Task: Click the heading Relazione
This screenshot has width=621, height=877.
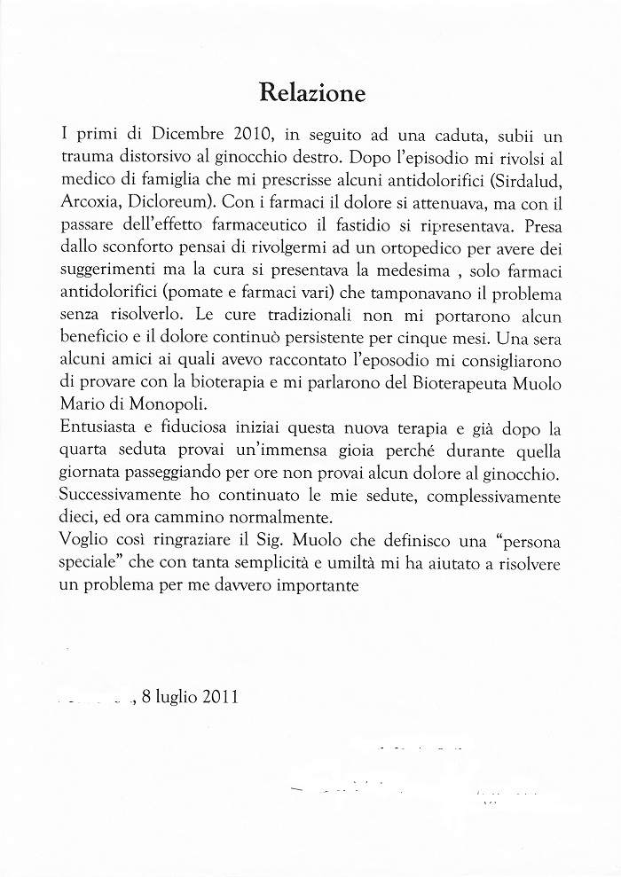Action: coord(311,91)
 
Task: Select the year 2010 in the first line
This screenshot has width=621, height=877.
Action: coord(257,137)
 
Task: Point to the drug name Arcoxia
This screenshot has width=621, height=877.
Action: coord(91,200)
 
